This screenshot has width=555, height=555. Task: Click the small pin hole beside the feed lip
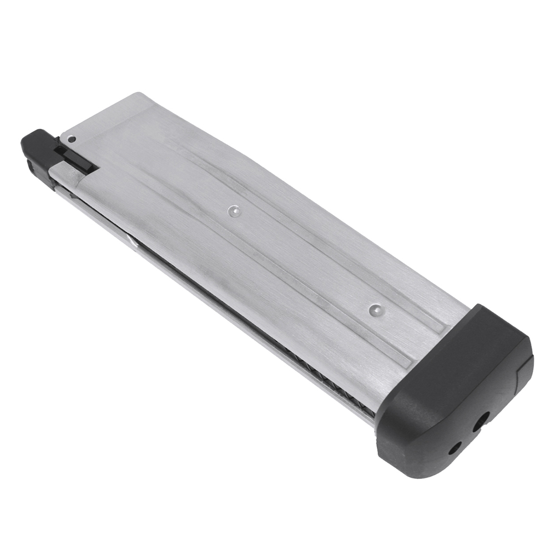click(x=72, y=140)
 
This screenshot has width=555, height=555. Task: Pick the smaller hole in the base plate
click(x=456, y=447)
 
